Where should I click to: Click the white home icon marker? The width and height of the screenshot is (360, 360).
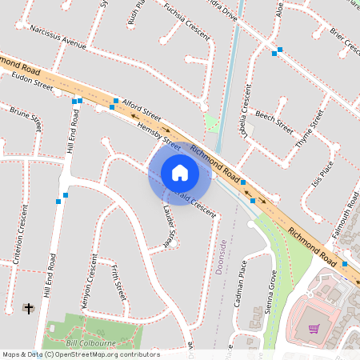click(x=179, y=173)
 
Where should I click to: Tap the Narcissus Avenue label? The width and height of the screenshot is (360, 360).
click(x=57, y=37)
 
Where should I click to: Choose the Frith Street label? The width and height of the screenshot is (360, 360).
click(x=117, y=285)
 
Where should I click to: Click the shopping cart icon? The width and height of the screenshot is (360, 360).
click(x=314, y=328)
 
